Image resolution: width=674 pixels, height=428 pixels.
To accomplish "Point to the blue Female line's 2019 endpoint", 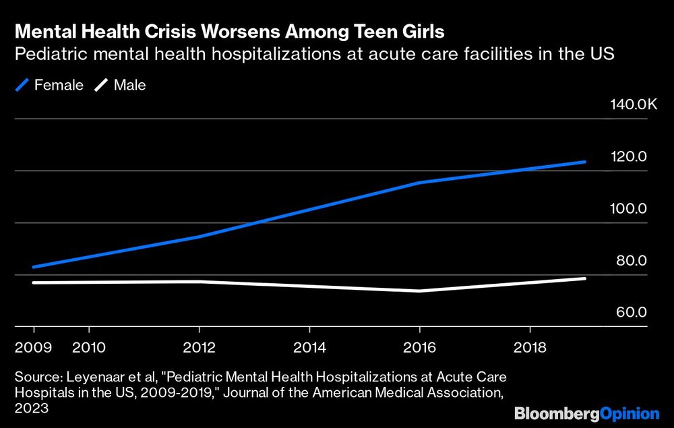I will click(584, 162).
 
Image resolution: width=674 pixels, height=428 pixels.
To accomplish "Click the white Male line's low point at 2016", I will click(419, 291).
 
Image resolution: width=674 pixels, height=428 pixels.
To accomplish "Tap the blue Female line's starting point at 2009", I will click(34, 267).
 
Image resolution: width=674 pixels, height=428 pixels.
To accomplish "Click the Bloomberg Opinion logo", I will click(586, 413).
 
